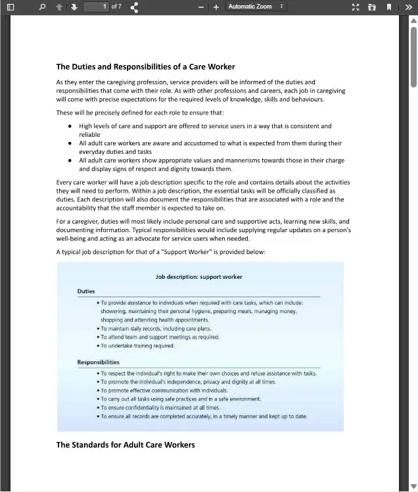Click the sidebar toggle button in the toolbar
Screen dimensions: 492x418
pyautogui.click(x=10, y=7)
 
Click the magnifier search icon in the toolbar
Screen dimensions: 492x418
pyautogui.click(x=42, y=7)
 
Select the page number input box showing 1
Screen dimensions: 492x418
pyautogui.click(x=96, y=7)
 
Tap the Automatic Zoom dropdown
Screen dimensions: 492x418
pyautogui.click(x=256, y=7)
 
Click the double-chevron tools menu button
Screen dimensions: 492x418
pyautogui.click(x=409, y=7)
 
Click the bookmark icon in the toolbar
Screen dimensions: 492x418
pyautogui.click(x=389, y=7)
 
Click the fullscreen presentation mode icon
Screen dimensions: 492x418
pyautogui.click(x=356, y=7)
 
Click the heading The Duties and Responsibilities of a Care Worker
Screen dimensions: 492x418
pyautogui.click(x=145, y=66)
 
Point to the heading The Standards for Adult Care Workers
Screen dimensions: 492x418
pyautogui.click(x=126, y=445)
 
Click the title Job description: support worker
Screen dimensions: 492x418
pyautogui.click(x=198, y=277)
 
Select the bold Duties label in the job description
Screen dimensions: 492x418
pyautogui.click(x=86, y=291)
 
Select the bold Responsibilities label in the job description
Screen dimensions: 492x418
pyautogui.click(x=99, y=362)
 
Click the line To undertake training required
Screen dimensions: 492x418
pyautogui.click(x=137, y=345)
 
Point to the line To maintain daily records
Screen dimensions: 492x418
pyautogui.click(x=156, y=328)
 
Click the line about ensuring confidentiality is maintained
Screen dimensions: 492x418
pyautogui.click(x=160, y=408)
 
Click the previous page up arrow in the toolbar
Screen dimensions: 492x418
pyautogui.click(x=59, y=7)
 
